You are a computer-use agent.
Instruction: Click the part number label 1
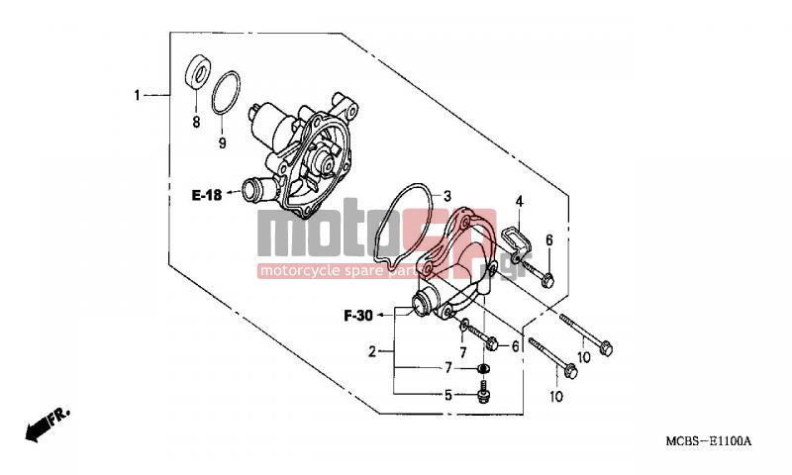(x=137, y=95)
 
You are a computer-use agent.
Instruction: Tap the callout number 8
(x=196, y=122)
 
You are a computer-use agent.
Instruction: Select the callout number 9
(x=222, y=142)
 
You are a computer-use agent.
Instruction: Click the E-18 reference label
(x=207, y=195)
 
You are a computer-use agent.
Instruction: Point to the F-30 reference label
(x=358, y=316)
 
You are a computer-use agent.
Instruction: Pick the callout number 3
(x=447, y=196)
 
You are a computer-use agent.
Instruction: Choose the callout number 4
(x=519, y=202)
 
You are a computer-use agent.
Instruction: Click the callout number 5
(x=448, y=395)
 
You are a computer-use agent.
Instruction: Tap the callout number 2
(x=372, y=351)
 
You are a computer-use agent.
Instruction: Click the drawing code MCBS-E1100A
(x=708, y=441)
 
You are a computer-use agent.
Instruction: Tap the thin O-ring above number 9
(x=226, y=93)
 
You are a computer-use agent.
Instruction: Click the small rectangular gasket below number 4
(x=517, y=240)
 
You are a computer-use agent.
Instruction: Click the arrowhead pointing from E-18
(x=229, y=192)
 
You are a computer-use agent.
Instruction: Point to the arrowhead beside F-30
(x=379, y=316)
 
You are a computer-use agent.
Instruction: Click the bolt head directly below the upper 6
(x=547, y=280)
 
